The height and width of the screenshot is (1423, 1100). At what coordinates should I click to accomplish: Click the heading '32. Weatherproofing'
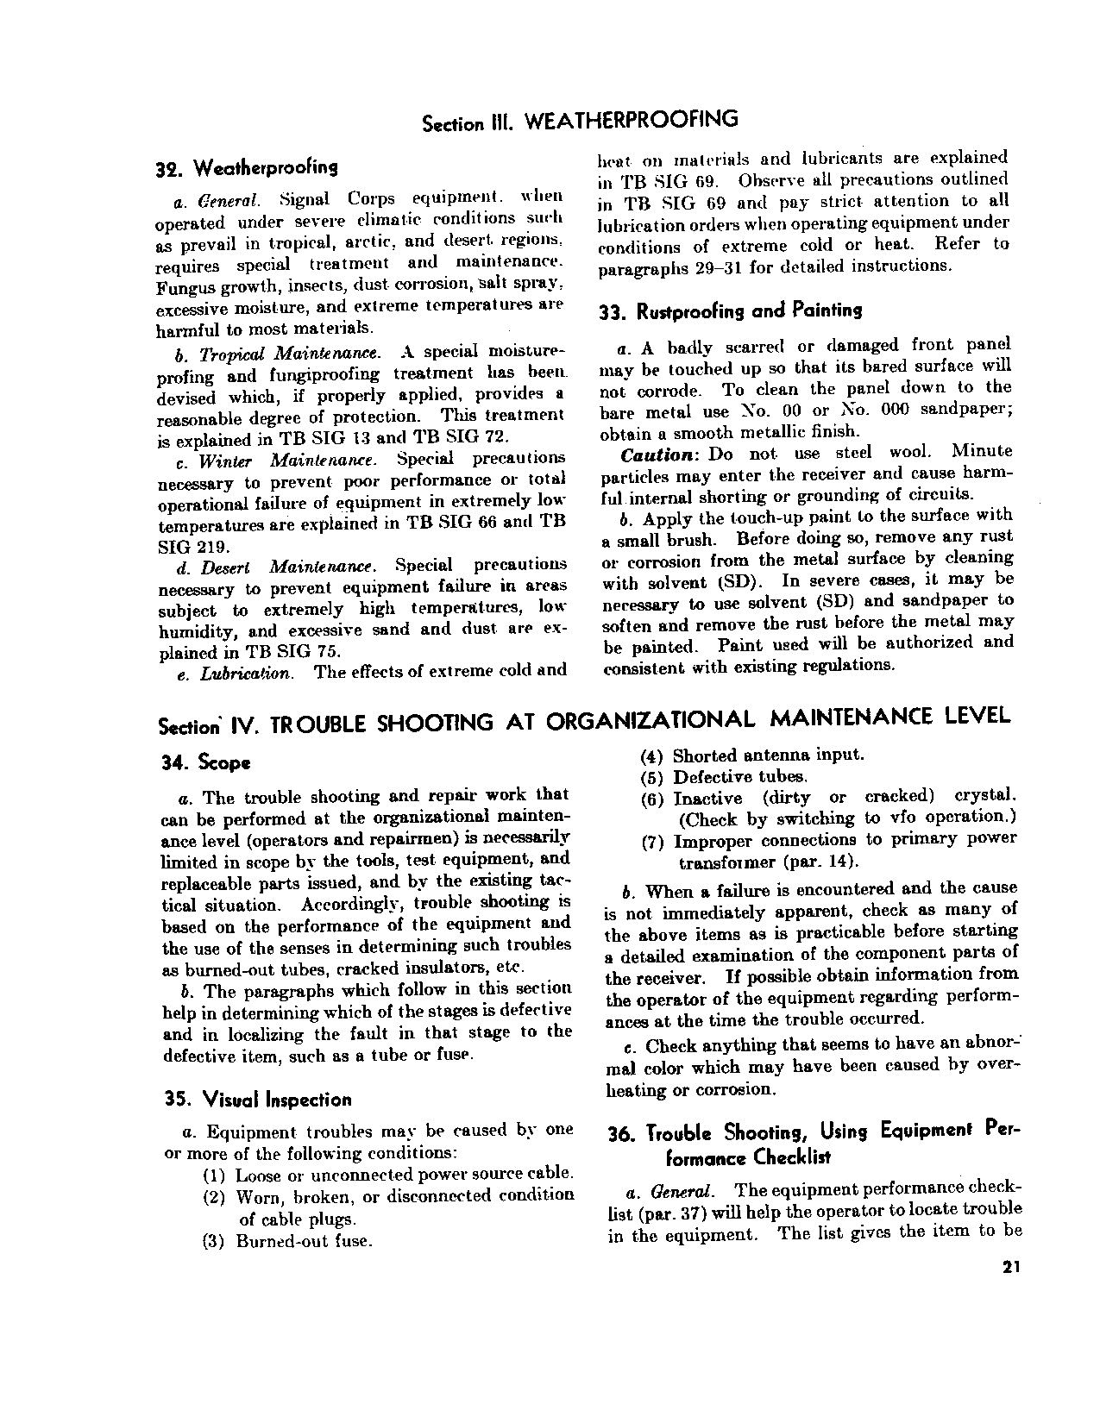pos(246,166)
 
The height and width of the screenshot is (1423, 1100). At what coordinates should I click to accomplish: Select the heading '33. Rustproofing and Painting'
pos(730,311)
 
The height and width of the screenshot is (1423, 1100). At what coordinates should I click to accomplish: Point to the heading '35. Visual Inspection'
pos(258,1100)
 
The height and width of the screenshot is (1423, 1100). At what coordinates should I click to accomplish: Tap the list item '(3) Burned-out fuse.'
pos(287,1241)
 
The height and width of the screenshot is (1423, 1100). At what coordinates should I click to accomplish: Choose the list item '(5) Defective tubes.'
pos(724,777)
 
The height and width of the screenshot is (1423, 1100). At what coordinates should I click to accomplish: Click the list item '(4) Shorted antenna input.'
pos(751,755)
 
